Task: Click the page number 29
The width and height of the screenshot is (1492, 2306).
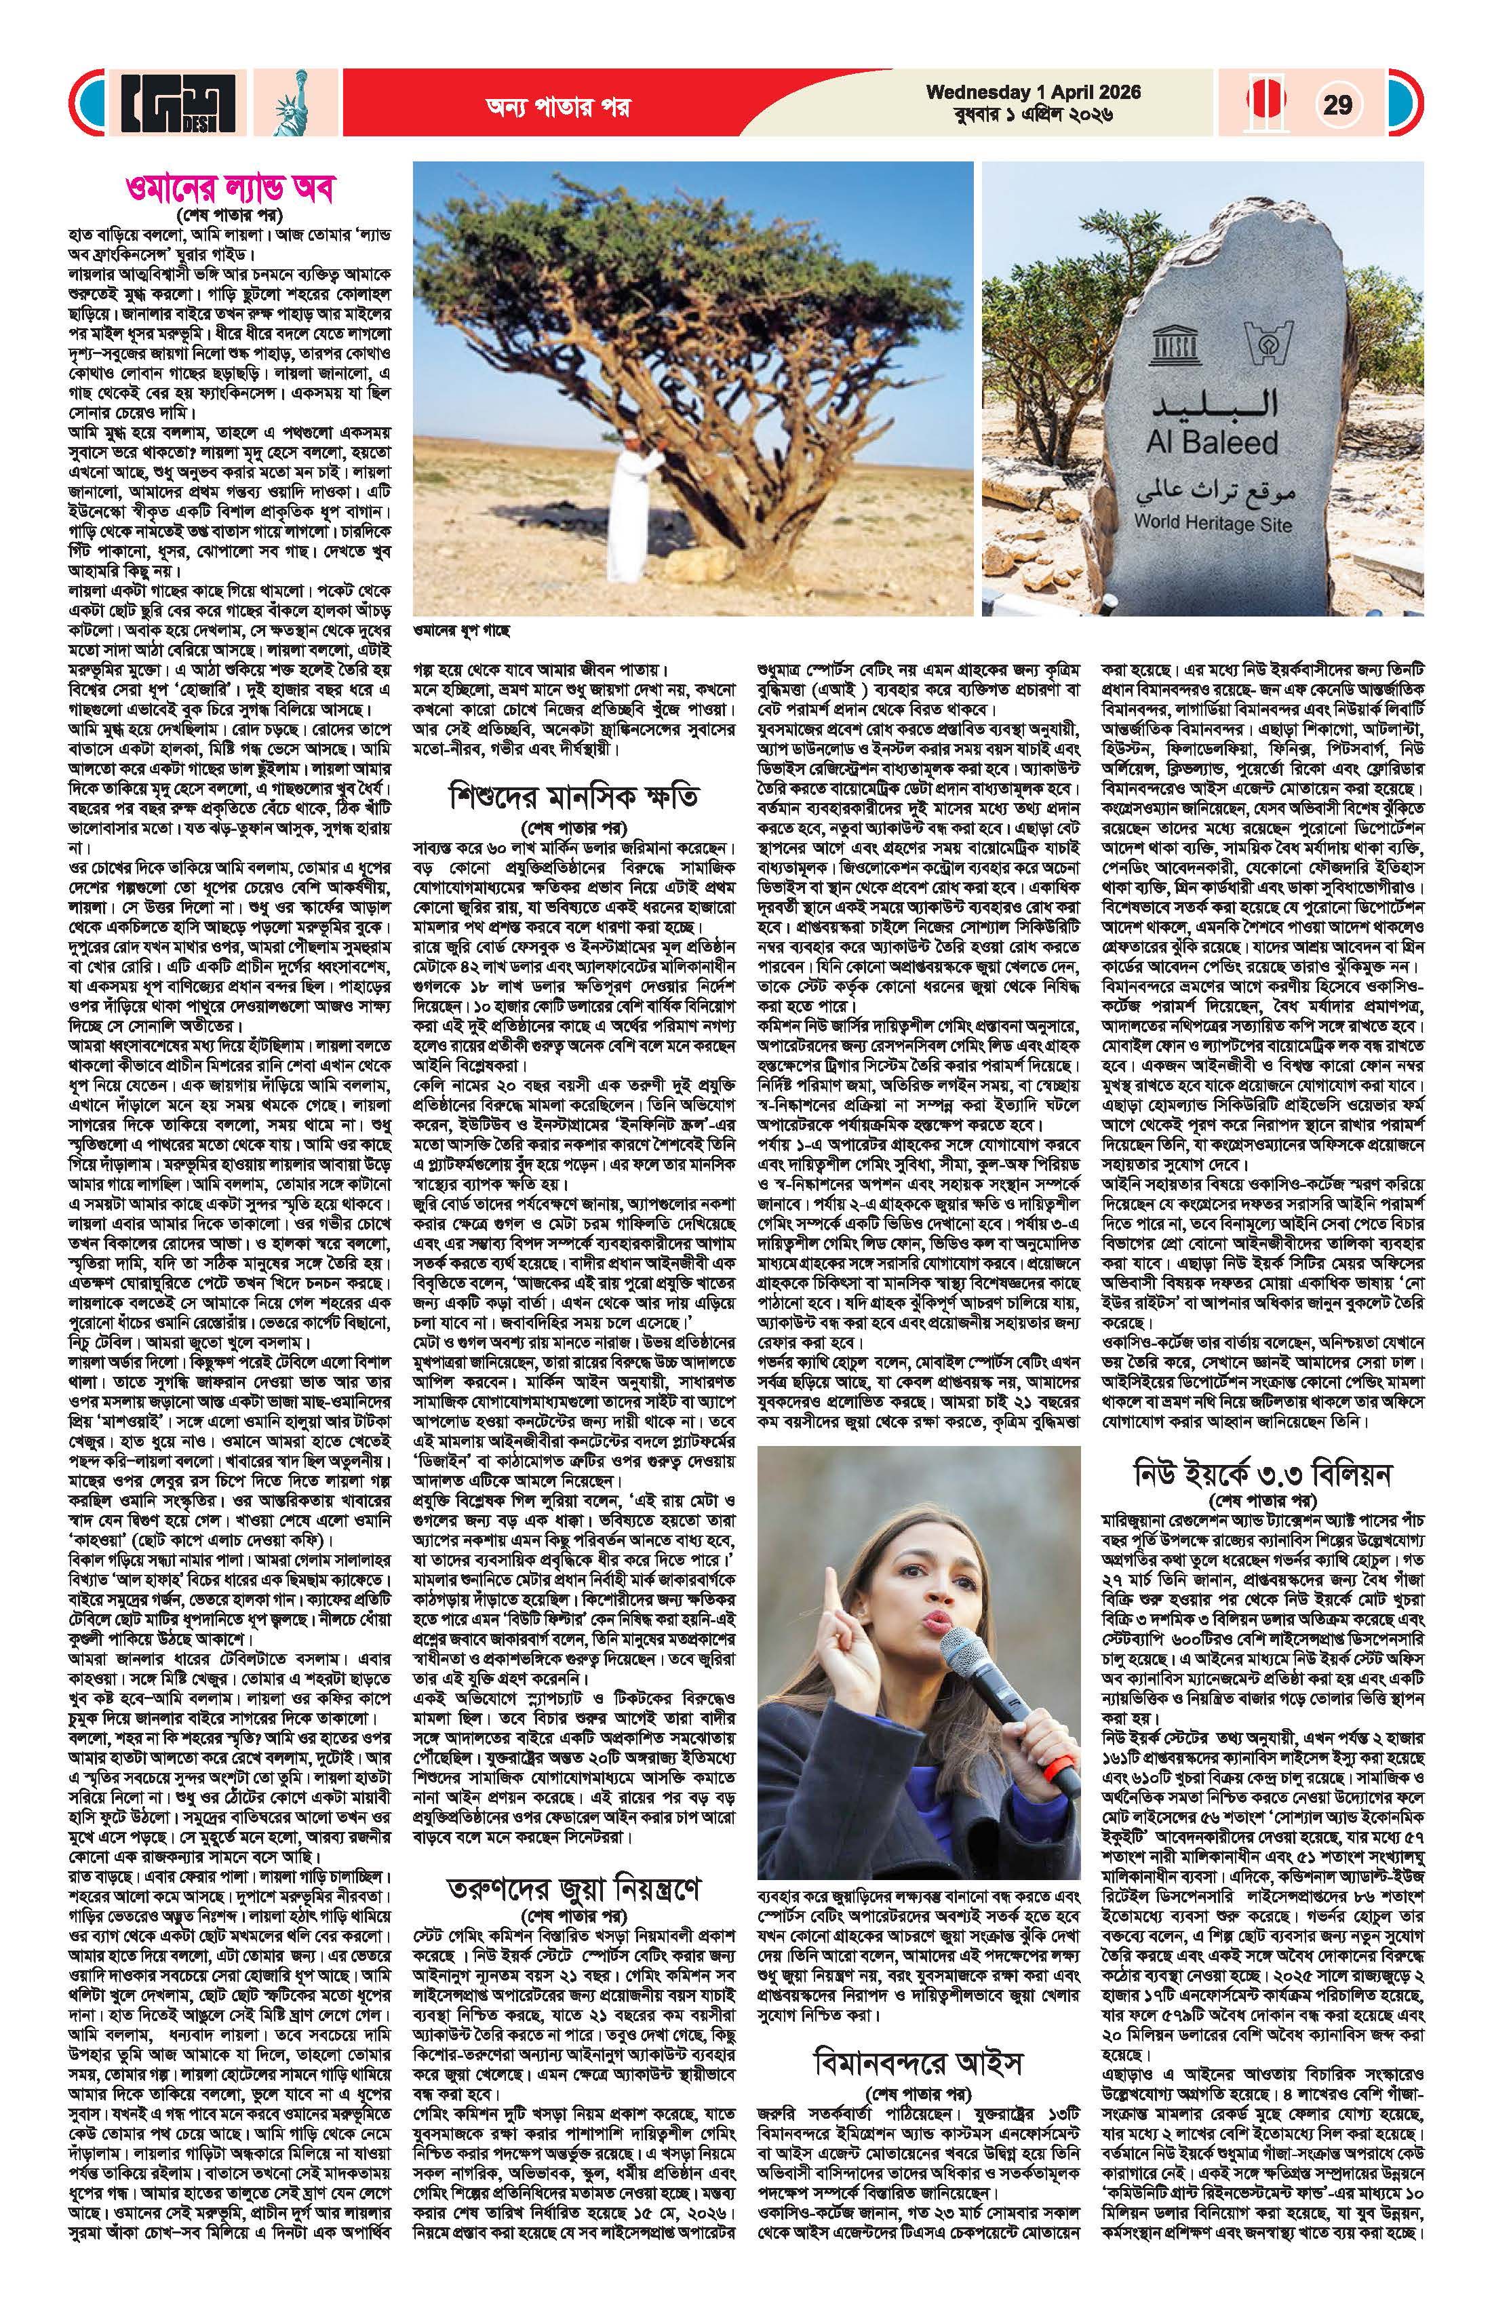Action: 1338,104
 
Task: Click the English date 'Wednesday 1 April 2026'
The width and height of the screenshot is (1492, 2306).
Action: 1033,93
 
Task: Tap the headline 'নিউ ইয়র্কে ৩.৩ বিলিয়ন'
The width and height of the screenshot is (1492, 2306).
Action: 1266,1476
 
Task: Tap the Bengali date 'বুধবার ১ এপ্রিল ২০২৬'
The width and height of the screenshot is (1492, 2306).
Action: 1033,115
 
